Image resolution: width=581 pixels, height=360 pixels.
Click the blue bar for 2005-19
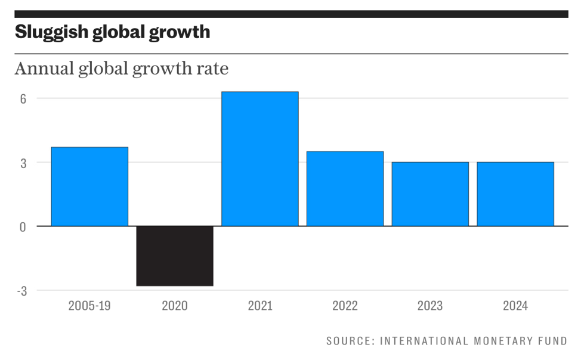click(89, 187)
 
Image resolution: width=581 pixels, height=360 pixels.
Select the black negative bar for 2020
click(175, 256)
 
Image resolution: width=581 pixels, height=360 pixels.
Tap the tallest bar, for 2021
click(259, 159)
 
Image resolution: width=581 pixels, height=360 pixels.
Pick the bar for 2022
click(345, 189)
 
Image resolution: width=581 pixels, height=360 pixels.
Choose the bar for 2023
click(430, 194)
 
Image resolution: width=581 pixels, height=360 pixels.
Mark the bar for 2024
click(515, 194)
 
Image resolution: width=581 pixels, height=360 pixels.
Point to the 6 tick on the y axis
click(23, 98)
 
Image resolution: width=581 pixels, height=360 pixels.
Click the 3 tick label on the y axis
click(23, 163)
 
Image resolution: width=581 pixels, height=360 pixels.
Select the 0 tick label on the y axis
click(23, 226)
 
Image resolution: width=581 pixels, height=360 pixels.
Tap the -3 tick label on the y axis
click(21, 291)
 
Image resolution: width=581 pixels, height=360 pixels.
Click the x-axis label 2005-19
click(89, 306)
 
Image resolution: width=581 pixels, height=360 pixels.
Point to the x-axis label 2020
click(175, 306)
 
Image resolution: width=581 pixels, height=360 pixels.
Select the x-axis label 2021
click(259, 306)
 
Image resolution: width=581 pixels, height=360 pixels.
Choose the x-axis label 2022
click(345, 306)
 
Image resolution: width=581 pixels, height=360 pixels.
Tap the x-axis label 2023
click(430, 306)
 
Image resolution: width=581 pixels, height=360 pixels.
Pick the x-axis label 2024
click(515, 306)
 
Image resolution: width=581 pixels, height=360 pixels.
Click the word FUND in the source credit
click(552, 341)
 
